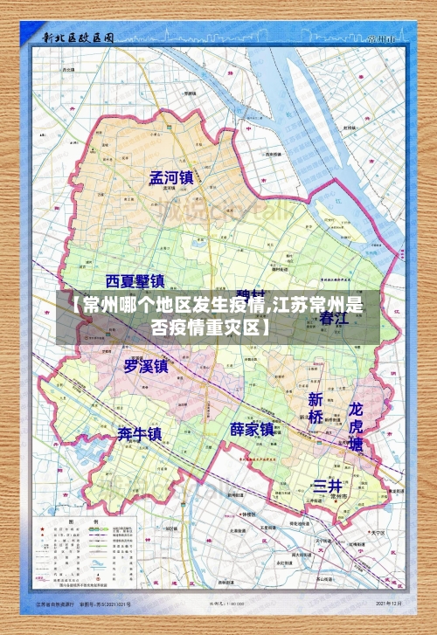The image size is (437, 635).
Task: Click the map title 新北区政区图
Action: pos(79,38)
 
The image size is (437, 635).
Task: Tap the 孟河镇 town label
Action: pos(170,178)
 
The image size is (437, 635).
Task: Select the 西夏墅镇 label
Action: pos(135,281)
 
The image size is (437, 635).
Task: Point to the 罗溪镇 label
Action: pos(145,366)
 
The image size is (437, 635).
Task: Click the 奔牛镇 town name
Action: pos(140,433)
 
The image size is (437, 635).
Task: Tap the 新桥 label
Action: pos(316,408)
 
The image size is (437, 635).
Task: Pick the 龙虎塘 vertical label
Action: pos(356,425)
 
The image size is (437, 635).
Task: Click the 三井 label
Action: pos(327,486)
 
